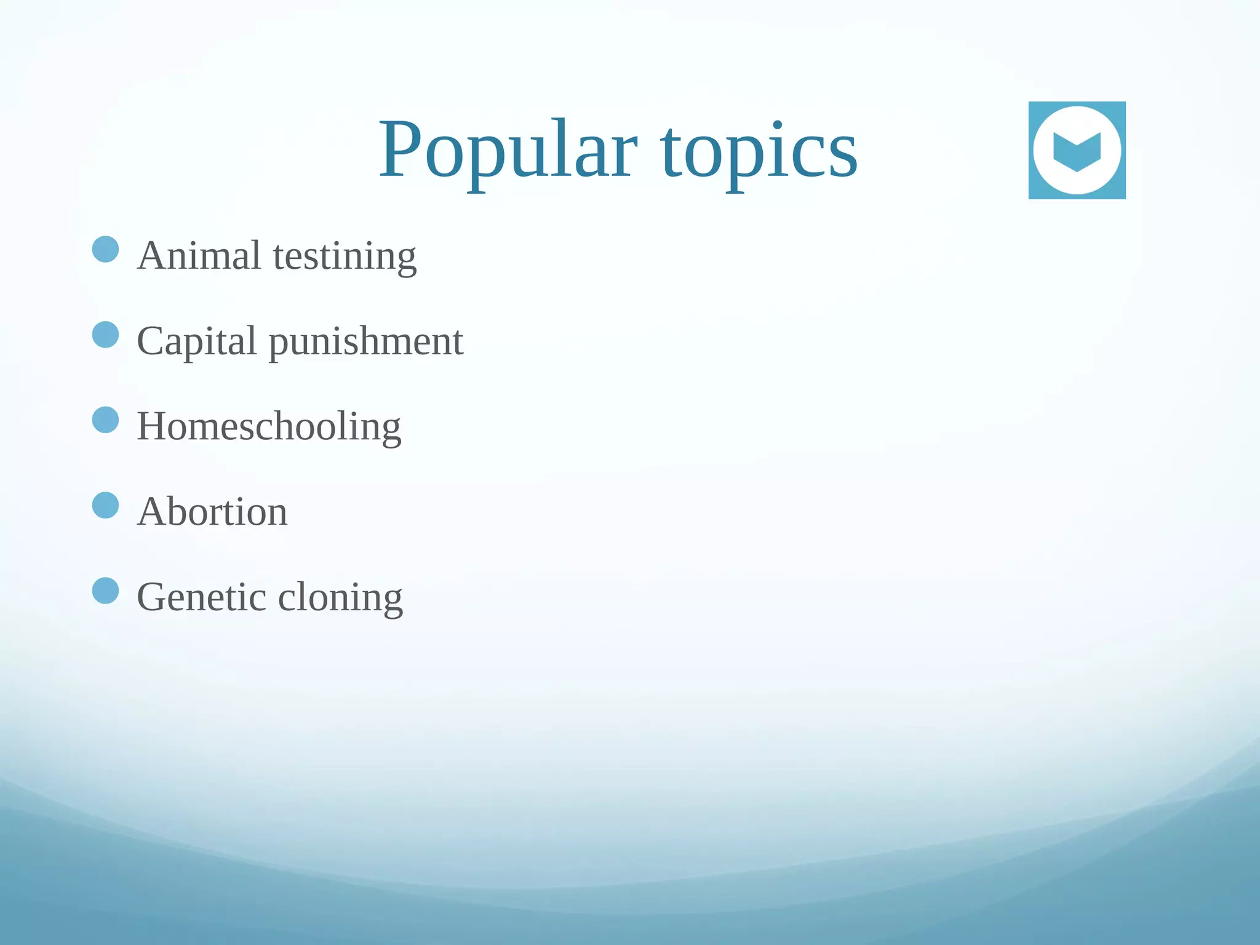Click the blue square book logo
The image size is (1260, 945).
pyautogui.click(x=1077, y=150)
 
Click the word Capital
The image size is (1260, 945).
pyautogui.click(x=196, y=341)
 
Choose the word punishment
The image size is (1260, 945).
pyautogui.click(x=366, y=342)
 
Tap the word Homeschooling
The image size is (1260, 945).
pyautogui.click(x=269, y=426)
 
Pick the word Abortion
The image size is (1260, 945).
pyautogui.click(x=212, y=511)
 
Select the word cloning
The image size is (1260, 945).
pyautogui.click(x=340, y=598)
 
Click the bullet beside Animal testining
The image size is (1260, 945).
pyautogui.click(x=105, y=249)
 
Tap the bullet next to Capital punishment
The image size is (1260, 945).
pyautogui.click(x=105, y=335)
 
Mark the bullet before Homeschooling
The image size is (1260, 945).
pyautogui.click(x=105, y=420)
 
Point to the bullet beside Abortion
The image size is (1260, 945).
pyautogui.click(x=105, y=505)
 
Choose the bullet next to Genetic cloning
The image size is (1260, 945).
pyautogui.click(x=105, y=591)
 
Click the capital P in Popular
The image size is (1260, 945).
pyautogui.click(x=400, y=150)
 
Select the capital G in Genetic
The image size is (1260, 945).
pyautogui.click(x=153, y=597)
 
